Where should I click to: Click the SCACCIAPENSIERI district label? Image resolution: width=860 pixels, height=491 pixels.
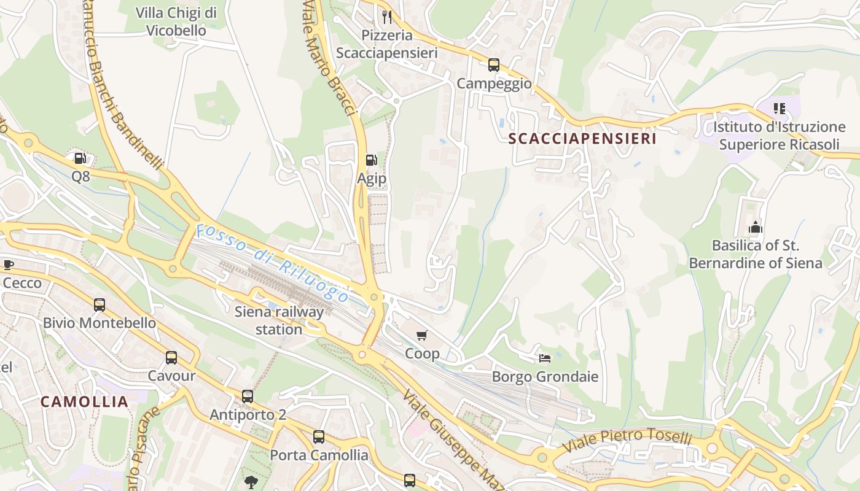click(582, 139)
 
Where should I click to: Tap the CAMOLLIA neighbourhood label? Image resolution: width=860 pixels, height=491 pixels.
click(85, 402)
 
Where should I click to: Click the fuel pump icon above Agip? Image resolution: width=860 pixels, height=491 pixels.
click(371, 160)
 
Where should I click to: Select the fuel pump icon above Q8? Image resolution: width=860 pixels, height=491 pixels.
click(80, 158)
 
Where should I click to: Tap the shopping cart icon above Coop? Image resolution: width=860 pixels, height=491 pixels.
click(421, 335)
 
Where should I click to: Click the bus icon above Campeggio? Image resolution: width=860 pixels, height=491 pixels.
click(494, 65)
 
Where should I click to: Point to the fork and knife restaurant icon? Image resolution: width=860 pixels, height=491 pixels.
click(387, 17)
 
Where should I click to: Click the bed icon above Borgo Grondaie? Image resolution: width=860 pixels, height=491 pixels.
click(545, 358)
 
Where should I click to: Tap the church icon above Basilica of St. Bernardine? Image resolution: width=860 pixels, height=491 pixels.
click(755, 227)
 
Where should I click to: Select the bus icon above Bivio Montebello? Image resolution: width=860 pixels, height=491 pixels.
click(99, 304)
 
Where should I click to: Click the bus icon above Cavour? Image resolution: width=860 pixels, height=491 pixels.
click(171, 357)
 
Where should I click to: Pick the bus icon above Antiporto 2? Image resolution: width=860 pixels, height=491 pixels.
click(248, 396)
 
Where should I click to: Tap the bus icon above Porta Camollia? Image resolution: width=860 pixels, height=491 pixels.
click(319, 437)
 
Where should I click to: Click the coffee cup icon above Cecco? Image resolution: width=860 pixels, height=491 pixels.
click(8, 265)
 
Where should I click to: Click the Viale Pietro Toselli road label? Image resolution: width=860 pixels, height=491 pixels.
click(628, 439)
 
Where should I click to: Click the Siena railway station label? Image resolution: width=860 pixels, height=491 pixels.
click(279, 320)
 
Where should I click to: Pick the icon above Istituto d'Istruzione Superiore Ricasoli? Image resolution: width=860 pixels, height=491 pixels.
click(780, 109)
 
